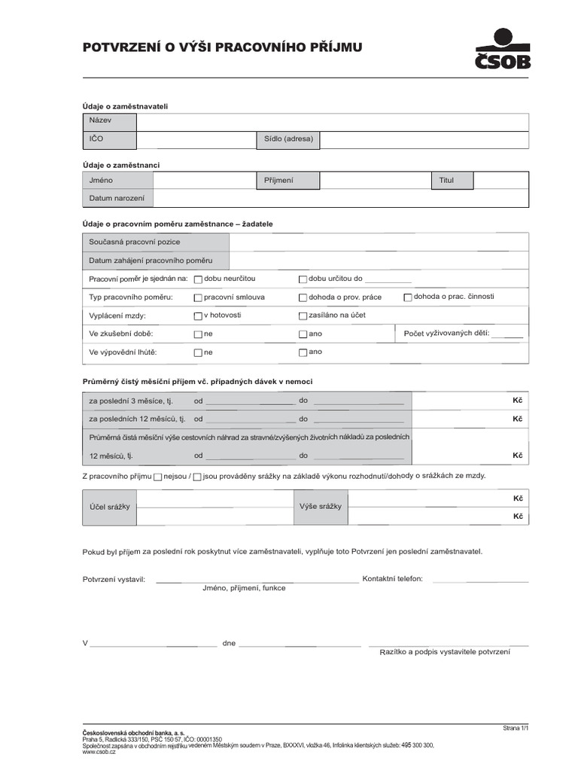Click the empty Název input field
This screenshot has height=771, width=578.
click(x=333, y=121)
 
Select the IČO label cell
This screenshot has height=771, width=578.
click(x=109, y=140)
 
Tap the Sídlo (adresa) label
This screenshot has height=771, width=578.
click(x=288, y=140)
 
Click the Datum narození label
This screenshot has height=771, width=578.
click(x=117, y=199)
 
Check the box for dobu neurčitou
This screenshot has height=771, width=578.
click(x=198, y=279)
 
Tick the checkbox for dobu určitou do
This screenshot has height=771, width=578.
click(x=303, y=279)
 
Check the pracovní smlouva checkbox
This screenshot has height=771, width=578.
click(x=198, y=298)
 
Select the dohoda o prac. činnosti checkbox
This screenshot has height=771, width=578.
click(x=408, y=297)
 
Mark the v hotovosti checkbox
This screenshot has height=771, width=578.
click(x=198, y=316)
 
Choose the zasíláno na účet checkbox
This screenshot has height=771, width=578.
click(x=303, y=316)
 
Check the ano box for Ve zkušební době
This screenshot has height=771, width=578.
click(x=303, y=334)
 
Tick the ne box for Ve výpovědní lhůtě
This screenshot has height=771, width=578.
click(x=198, y=352)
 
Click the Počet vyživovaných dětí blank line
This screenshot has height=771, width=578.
click(x=507, y=337)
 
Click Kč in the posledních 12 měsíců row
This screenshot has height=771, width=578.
click(x=518, y=419)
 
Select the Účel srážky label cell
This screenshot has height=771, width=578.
click(x=109, y=507)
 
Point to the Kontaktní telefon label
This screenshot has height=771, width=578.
click(x=392, y=579)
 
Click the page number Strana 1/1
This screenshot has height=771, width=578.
click(x=516, y=728)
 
